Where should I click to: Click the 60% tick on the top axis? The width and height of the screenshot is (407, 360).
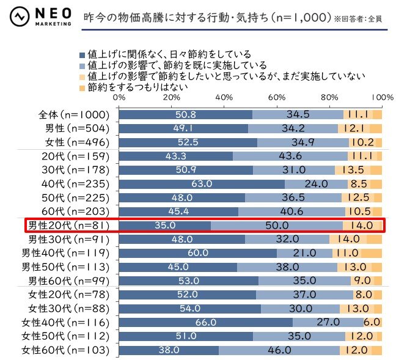277,97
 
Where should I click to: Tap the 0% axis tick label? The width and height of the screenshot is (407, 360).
119,97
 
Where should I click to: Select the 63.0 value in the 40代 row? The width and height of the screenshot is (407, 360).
201,184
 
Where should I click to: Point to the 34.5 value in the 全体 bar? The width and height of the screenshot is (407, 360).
298,115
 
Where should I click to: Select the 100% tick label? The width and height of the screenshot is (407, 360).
381,97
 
